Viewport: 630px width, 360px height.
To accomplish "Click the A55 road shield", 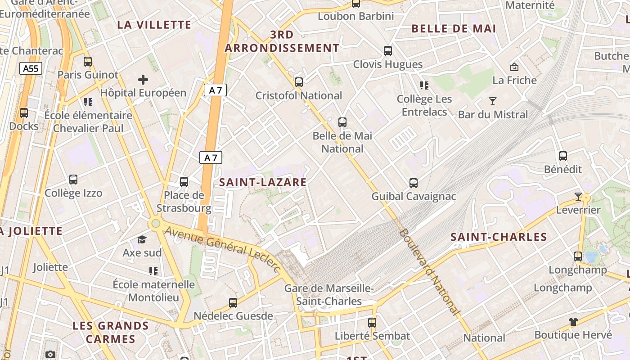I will pos(31,68).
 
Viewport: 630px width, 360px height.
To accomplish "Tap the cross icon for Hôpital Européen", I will pos(143,80).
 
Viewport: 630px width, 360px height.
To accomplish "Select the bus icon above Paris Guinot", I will pos(88,61).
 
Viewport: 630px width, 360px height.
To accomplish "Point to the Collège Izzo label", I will pos(73,193).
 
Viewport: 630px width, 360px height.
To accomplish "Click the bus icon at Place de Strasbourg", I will pos(184,182).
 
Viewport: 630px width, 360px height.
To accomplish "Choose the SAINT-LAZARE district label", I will pos(263,182).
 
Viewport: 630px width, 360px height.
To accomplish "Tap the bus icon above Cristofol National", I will pos(299,82).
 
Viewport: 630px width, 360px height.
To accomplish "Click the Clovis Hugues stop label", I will pos(388,64).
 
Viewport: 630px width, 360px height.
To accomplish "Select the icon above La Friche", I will pos(514,67).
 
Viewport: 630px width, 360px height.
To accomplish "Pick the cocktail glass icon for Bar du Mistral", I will pos(493,101).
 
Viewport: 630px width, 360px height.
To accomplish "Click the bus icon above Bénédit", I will pos(563,156).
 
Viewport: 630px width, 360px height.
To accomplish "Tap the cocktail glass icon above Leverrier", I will pos(578,197).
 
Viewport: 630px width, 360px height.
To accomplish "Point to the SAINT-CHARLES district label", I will pos(499,237).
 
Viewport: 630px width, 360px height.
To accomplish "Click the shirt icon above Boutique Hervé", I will pos(573,321).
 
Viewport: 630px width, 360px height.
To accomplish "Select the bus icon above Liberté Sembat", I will pos(372,322).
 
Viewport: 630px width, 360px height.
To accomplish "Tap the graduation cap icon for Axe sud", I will pos(142,239).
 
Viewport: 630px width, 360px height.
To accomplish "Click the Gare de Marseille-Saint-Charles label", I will pos(329,295).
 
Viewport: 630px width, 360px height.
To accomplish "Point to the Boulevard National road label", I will pos(430,272).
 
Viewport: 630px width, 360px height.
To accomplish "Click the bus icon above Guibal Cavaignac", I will pos(414,183).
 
